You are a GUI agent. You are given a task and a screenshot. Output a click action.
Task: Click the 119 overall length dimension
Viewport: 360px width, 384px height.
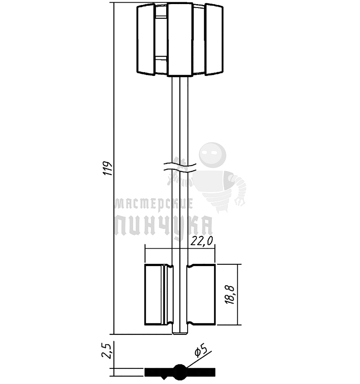(107, 168)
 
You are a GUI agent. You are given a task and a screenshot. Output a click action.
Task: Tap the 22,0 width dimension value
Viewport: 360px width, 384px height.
(202, 242)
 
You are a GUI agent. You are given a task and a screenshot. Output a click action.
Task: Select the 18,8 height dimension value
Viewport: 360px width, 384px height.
(230, 295)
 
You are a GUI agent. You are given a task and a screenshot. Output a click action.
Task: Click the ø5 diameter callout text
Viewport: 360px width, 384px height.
(201, 351)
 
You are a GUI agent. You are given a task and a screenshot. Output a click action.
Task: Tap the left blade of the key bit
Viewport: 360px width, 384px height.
(159, 295)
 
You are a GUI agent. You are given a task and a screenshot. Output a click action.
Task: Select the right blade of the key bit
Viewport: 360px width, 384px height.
(201, 295)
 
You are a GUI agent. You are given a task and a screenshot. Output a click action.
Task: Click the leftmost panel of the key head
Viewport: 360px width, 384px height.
(146, 39)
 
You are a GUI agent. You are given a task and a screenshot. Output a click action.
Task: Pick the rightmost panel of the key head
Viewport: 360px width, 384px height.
(214, 39)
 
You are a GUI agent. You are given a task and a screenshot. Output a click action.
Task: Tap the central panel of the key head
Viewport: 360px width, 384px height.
(180, 39)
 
